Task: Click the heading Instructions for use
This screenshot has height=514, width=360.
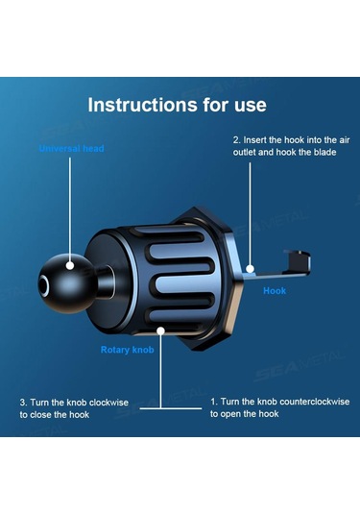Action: [x=177, y=105]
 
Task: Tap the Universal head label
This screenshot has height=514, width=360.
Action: [x=71, y=149]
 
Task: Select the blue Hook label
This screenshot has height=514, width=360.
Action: [x=275, y=291]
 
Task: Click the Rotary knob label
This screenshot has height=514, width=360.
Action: [x=127, y=350]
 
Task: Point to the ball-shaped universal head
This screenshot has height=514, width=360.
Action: [x=67, y=283]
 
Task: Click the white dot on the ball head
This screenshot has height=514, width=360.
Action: [x=70, y=265]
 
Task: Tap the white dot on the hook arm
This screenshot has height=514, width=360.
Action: [x=250, y=269]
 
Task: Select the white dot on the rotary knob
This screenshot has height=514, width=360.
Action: [x=160, y=331]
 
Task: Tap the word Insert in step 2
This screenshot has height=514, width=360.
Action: [x=254, y=140]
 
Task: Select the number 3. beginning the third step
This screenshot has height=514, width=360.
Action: [x=24, y=403]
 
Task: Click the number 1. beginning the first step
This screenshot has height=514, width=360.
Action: [x=214, y=402]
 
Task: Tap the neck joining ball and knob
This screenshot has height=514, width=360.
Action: [x=106, y=282]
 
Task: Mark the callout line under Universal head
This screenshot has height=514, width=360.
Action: [x=70, y=209]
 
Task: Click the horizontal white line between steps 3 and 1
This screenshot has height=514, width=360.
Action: [x=171, y=408]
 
